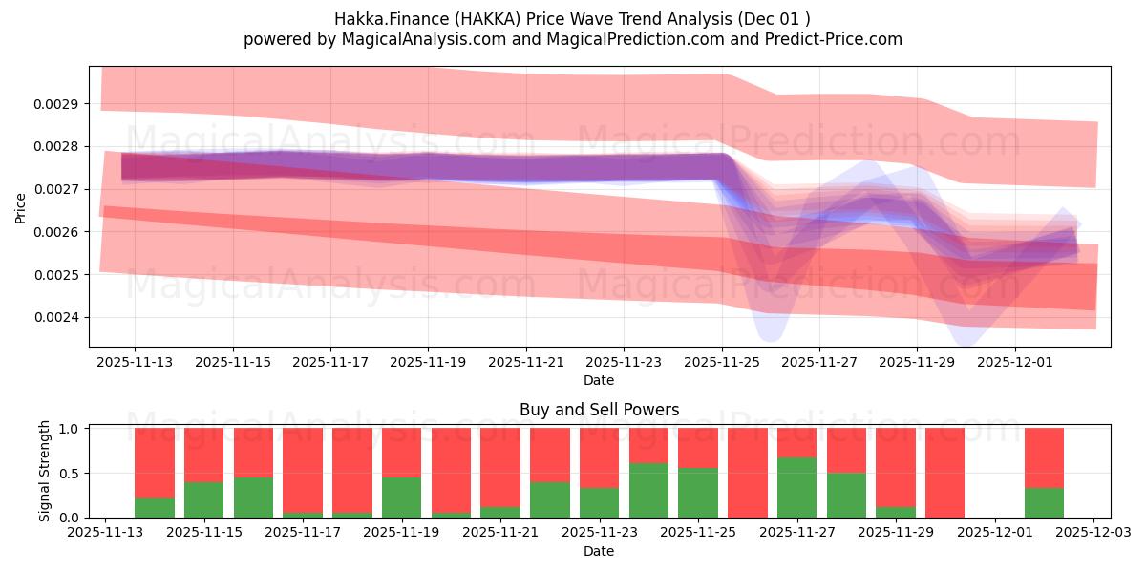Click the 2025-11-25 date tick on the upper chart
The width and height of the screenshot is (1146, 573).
click(x=722, y=363)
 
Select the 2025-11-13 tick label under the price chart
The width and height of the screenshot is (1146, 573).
click(x=135, y=363)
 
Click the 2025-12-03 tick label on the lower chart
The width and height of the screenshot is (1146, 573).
click(x=1093, y=534)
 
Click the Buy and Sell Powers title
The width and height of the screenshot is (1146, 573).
click(x=599, y=410)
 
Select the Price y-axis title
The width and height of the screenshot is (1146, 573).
click(x=21, y=207)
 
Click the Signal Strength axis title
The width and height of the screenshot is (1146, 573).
click(x=45, y=471)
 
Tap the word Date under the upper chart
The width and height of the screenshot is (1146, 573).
click(x=599, y=380)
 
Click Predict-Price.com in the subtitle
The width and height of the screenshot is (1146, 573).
click(x=831, y=39)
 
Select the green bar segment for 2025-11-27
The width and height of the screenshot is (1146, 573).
click(x=796, y=487)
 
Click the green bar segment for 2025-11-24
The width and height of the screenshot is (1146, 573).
click(x=648, y=490)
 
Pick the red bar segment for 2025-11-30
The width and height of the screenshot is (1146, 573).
click(x=944, y=472)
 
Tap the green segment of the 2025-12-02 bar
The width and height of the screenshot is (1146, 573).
click(x=1044, y=502)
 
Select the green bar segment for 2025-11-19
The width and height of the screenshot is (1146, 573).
click(x=401, y=497)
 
